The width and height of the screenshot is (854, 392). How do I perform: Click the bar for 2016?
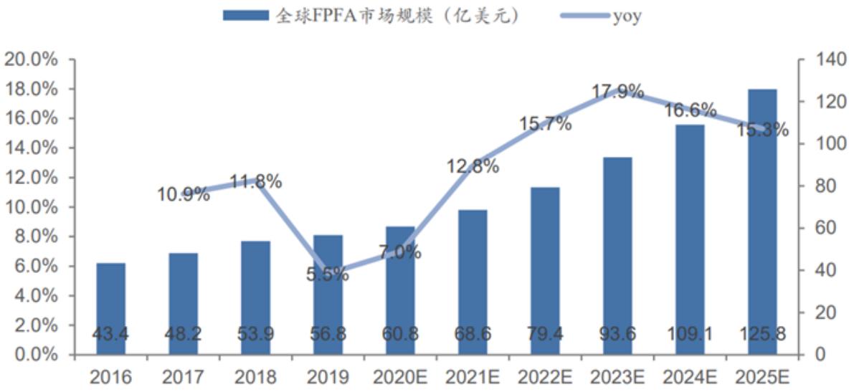click(x=110, y=308)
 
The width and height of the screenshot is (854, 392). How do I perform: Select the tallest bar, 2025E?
click(x=762, y=222)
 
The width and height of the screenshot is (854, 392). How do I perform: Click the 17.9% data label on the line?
click(x=617, y=92)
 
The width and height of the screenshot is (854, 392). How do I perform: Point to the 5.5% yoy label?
click(x=328, y=274)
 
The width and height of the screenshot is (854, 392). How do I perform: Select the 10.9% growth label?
click(x=184, y=193)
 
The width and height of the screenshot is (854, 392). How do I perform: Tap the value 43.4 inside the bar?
click(x=110, y=334)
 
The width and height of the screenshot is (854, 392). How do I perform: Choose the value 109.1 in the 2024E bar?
click(x=690, y=334)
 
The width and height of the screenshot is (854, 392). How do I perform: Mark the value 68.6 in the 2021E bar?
click(x=473, y=334)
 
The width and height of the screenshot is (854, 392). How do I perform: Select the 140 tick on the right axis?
click(x=821, y=59)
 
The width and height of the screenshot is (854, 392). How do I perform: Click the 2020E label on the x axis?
click(x=400, y=376)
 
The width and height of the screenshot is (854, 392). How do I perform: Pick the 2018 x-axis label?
click(x=255, y=376)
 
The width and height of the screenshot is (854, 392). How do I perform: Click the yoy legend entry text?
click(x=627, y=16)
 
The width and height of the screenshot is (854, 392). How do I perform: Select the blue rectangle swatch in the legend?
click(x=247, y=16)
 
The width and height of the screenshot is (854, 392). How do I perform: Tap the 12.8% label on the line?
click(x=473, y=167)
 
